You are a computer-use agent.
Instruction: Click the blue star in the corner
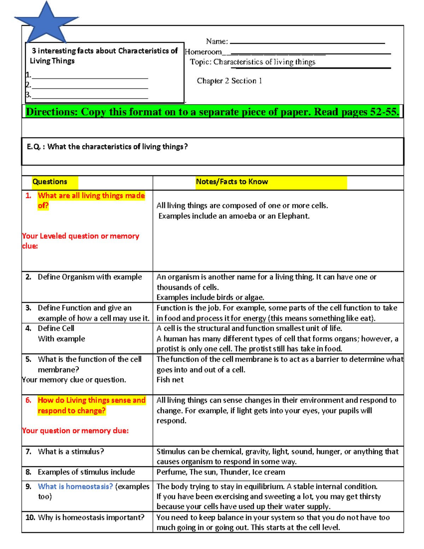46,22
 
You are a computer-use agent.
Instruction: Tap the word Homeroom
204,52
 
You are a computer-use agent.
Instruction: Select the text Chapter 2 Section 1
229,81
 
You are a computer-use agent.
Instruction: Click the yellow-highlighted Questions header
50,182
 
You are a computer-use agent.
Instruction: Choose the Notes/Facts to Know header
232,182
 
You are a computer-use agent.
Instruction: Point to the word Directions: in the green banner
52,112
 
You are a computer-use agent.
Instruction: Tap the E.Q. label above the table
34,147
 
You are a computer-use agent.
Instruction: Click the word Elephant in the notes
293,216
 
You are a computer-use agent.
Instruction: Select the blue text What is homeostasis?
75,486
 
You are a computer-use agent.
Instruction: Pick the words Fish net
170,380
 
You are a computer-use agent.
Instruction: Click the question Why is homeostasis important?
91,518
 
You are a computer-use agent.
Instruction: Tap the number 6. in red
28,400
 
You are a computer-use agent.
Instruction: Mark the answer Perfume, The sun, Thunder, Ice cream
220,472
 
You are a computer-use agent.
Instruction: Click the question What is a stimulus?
71,451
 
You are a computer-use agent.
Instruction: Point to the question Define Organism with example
90,277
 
